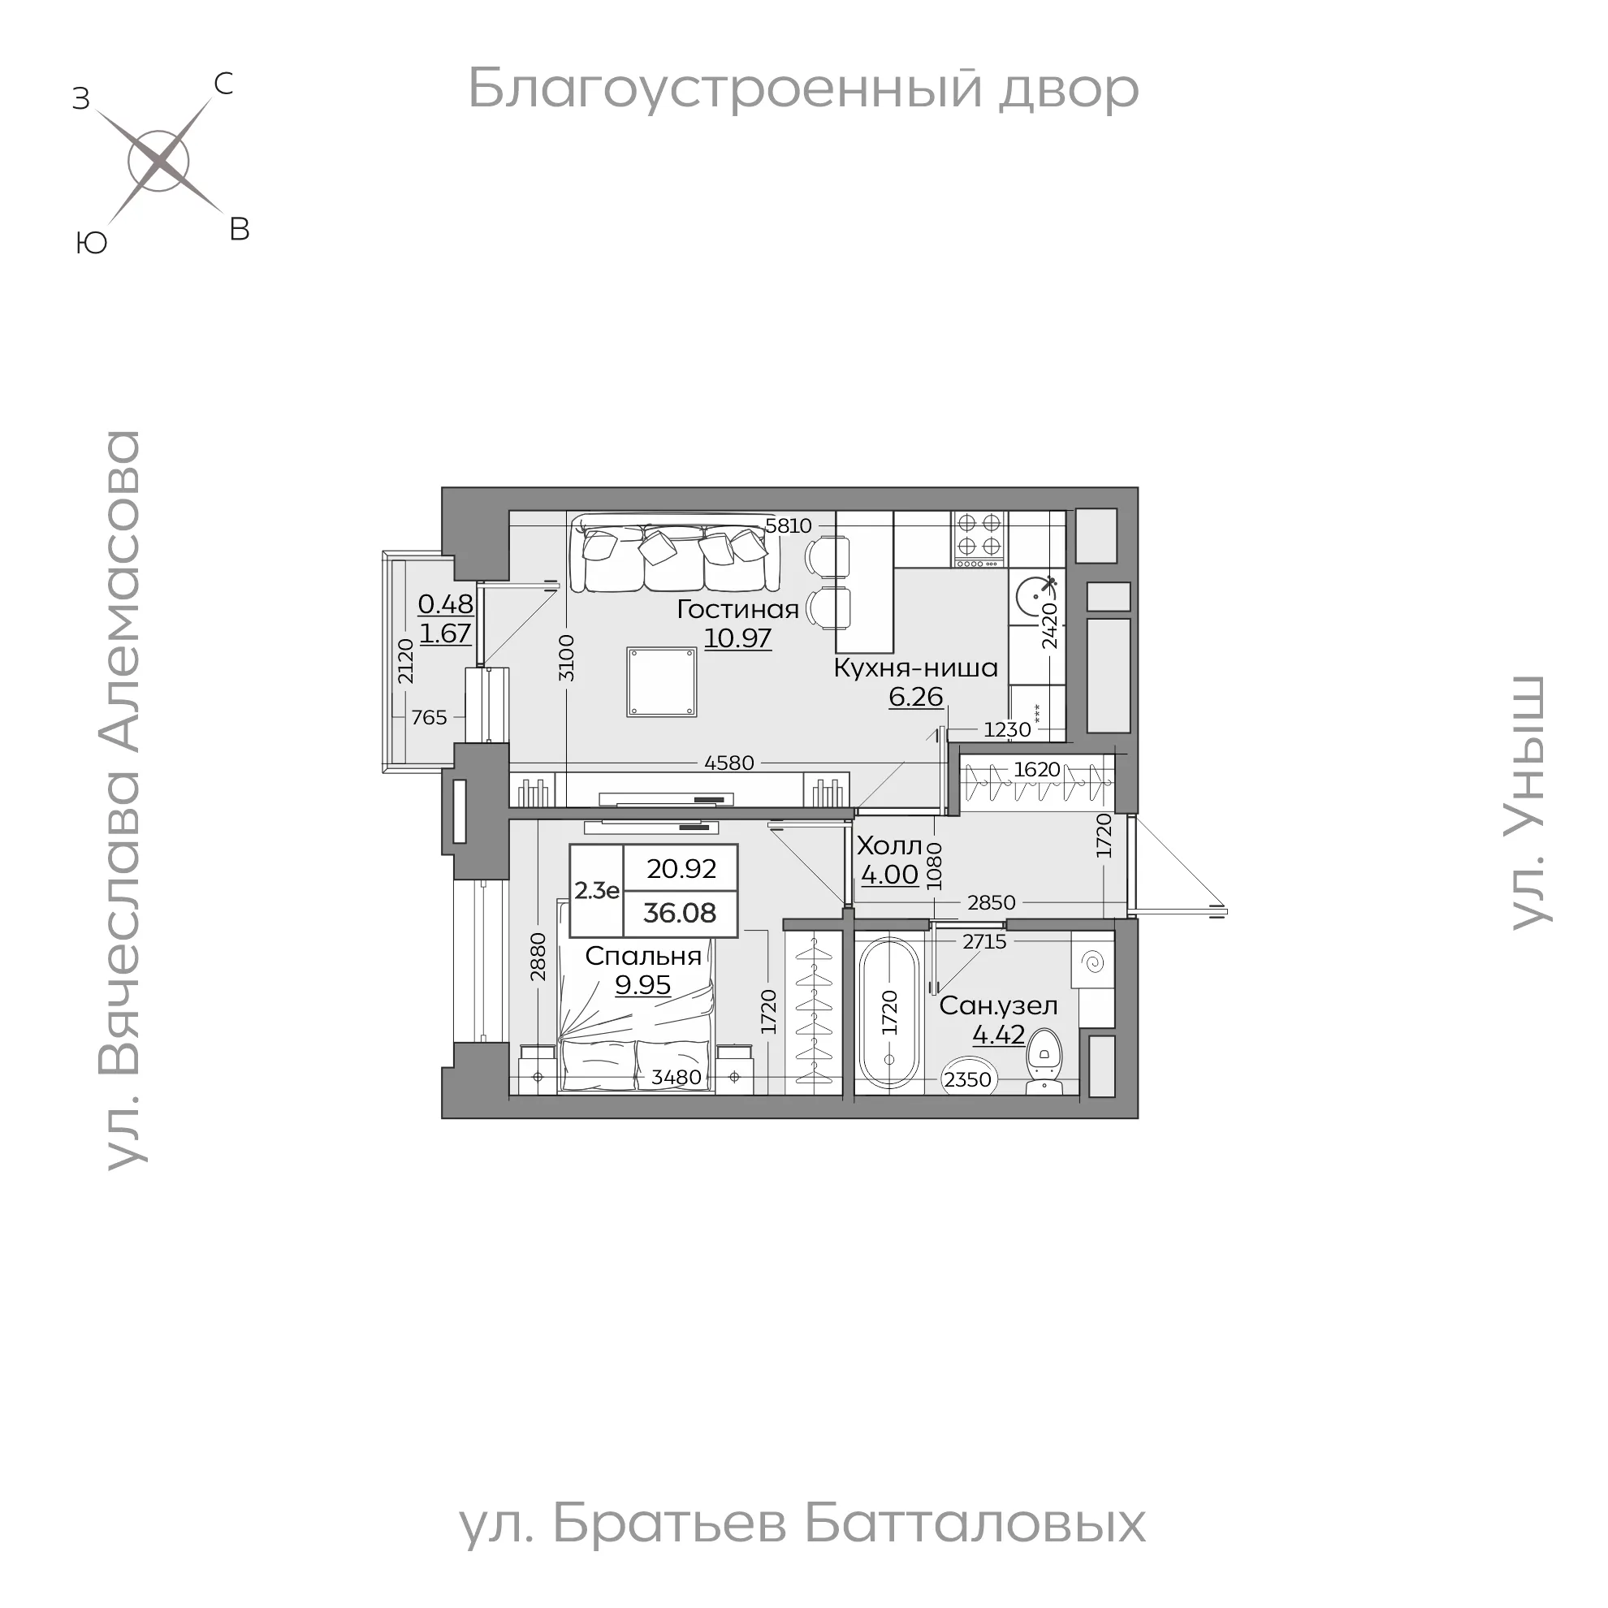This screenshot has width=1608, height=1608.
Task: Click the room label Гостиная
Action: point(737,609)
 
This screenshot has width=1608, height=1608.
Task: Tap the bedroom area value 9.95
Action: point(642,984)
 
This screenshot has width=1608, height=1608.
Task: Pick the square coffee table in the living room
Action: point(662,681)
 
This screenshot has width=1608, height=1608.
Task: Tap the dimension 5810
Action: point(788,526)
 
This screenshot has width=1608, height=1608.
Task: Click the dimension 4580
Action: point(728,763)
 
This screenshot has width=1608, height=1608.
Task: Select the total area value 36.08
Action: point(679,913)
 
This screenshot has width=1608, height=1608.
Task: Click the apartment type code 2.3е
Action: point(597,891)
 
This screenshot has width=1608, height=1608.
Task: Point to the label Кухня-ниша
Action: point(915,668)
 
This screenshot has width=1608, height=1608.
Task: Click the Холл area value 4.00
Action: point(890,875)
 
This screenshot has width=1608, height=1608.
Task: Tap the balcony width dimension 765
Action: point(429,716)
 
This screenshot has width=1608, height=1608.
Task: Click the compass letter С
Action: point(223,84)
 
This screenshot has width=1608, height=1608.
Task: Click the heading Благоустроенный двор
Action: point(803,89)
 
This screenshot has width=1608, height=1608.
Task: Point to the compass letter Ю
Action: point(91,243)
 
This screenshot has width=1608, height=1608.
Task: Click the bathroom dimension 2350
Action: point(968,1079)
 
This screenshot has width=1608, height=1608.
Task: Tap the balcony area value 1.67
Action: point(445,633)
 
